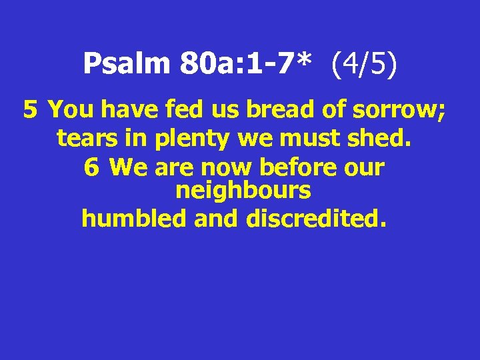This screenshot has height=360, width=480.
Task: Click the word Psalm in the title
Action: click(x=127, y=64)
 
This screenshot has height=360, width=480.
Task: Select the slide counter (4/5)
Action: click(x=363, y=64)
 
